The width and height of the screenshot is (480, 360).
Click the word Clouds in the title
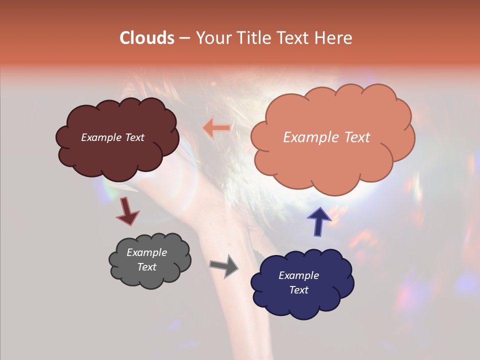click(x=146, y=38)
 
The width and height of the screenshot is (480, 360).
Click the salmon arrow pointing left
click(x=217, y=128)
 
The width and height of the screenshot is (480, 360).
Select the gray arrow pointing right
click(x=224, y=266)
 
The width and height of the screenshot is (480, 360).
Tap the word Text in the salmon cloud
click(x=353, y=137)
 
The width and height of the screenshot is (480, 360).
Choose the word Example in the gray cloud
click(x=146, y=252)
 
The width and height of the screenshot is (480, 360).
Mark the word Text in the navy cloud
click(x=298, y=290)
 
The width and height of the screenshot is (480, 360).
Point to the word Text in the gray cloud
click(x=146, y=267)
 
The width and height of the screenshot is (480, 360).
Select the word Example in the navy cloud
click(x=298, y=275)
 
